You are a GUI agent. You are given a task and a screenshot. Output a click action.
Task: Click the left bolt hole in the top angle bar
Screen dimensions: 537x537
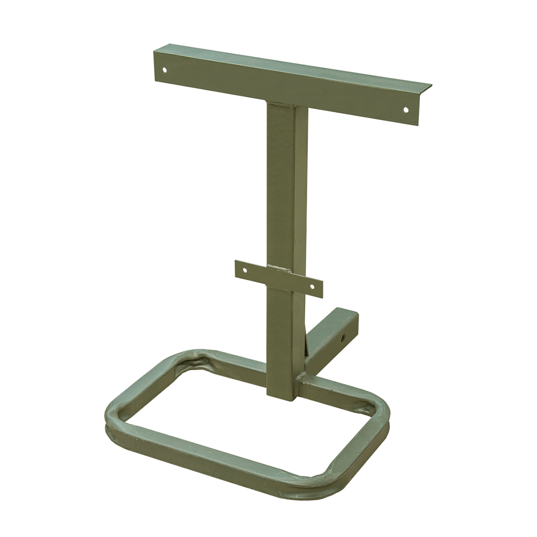[x=165, y=69]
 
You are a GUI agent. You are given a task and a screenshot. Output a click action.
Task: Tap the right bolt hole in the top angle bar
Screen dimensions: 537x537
[x=405, y=110]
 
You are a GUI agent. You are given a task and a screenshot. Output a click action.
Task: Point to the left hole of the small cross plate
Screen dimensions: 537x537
[x=244, y=270]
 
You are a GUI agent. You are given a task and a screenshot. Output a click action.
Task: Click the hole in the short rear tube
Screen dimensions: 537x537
[x=342, y=338]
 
